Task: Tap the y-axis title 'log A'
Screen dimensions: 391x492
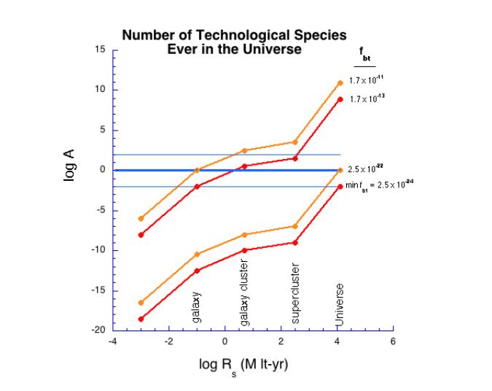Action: (x=70, y=166)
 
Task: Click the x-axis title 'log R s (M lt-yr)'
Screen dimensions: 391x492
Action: (x=243, y=364)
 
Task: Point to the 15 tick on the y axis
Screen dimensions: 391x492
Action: (x=101, y=50)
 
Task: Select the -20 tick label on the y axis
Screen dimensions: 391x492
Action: (x=98, y=330)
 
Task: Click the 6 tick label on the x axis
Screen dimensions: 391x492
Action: (x=393, y=341)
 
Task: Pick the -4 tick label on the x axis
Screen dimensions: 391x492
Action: (x=112, y=341)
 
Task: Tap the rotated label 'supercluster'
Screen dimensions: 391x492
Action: (x=295, y=293)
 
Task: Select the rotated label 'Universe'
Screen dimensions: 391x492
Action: (x=340, y=306)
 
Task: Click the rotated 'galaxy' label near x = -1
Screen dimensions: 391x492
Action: (x=197, y=307)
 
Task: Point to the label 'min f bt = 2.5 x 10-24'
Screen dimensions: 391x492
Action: (x=380, y=185)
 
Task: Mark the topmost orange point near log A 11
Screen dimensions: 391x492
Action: (x=340, y=82)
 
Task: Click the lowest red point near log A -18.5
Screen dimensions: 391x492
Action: (x=141, y=319)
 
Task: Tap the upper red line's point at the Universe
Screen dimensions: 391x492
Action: (x=340, y=99)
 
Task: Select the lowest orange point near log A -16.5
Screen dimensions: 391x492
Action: (x=141, y=303)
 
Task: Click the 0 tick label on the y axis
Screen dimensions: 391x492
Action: (x=103, y=170)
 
